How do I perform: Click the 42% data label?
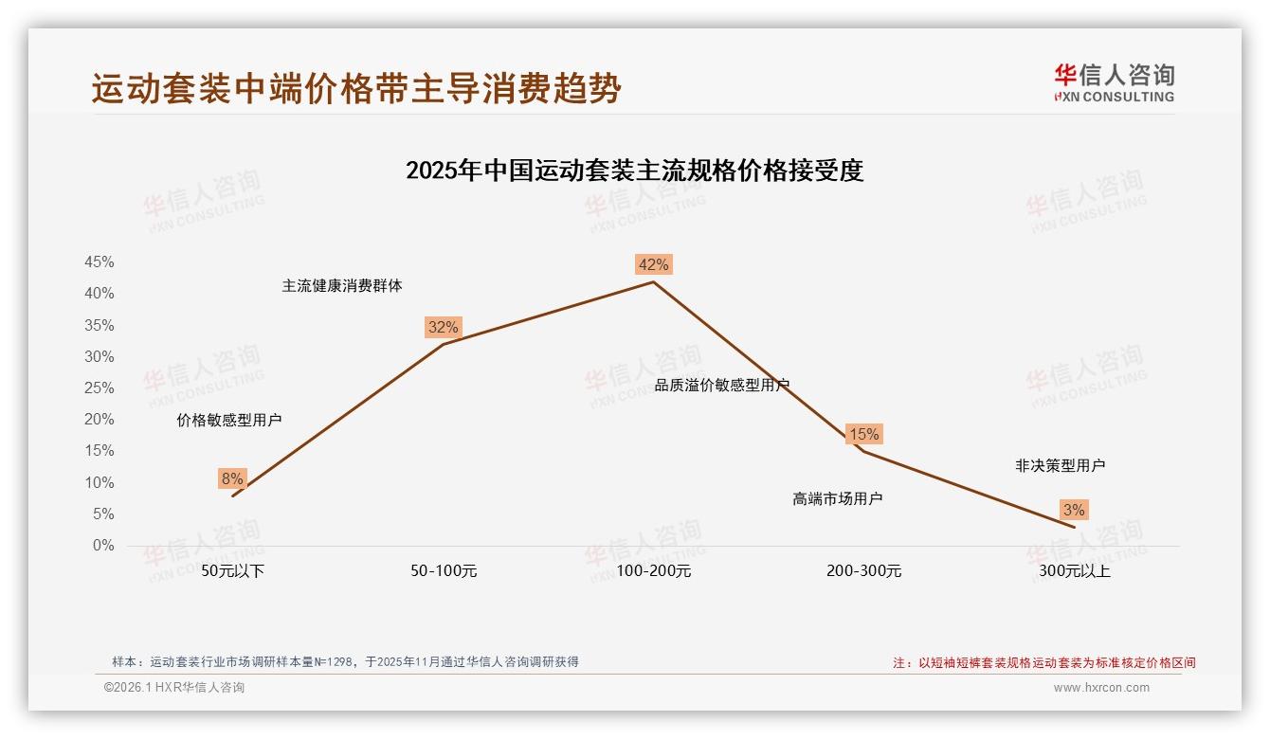click(x=653, y=264)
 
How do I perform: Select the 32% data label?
click(x=443, y=328)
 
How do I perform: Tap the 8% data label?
click(x=232, y=478)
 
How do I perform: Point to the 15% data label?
click(x=863, y=434)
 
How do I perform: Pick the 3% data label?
click(x=1074, y=510)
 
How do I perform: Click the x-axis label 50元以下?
click(x=232, y=571)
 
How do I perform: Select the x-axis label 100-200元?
click(x=653, y=571)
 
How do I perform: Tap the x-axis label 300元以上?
click(x=1074, y=571)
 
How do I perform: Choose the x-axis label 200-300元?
click(x=863, y=571)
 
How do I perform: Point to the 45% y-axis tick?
click(x=100, y=261)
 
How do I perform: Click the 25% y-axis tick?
click(x=100, y=388)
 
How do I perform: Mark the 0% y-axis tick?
click(x=103, y=546)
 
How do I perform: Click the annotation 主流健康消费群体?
click(x=341, y=285)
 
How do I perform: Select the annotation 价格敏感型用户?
click(x=228, y=420)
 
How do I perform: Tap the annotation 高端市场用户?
click(x=837, y=498)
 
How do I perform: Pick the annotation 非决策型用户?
click(x=1060, y=465)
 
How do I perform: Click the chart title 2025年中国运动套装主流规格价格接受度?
click(x=634, y=171)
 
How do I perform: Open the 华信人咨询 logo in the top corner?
click(x=1114, y=82)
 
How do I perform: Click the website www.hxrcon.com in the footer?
click(x=1100, y=688)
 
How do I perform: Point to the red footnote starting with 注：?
click(x=1043, y=663)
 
